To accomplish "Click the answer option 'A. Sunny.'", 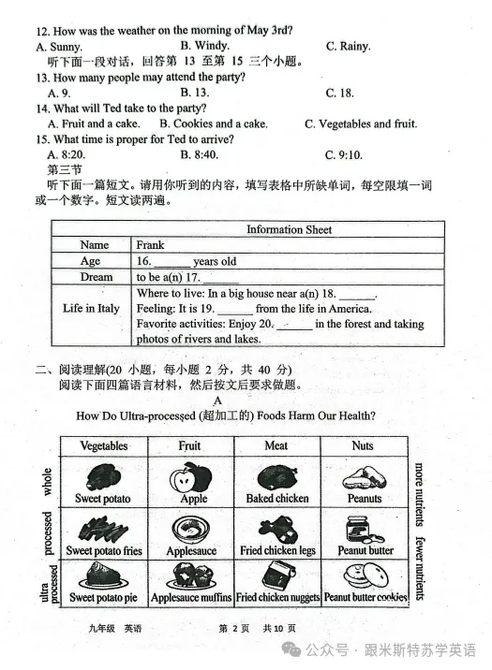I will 59,46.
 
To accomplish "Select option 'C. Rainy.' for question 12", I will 348,46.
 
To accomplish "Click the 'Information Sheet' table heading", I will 289,229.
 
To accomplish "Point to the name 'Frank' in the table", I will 150,245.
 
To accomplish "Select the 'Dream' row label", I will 96,277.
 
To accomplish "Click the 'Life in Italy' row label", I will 91,308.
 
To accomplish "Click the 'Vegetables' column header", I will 103,445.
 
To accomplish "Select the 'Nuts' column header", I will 363,445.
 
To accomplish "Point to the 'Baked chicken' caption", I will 276,499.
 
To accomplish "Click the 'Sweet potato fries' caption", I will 104,551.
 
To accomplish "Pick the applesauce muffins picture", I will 190,575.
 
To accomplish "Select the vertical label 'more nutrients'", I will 419,493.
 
